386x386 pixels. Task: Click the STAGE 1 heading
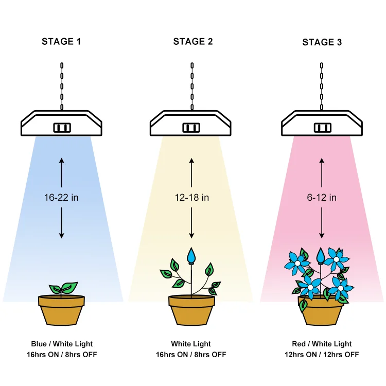(61, 42)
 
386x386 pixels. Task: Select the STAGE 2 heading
(193, 42)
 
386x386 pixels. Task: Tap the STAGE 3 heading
(322, 42)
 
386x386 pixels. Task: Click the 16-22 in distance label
(61, 198)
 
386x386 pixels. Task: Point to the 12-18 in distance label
(191, 198)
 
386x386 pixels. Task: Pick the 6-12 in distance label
(322, 198)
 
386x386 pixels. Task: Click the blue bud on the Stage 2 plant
(192, 255)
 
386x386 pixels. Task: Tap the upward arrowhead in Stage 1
(61, 162)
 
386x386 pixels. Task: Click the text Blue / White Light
(61, 344)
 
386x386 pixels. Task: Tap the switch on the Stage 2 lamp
(192, 127)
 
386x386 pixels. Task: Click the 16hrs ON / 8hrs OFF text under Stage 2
(191, 355)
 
